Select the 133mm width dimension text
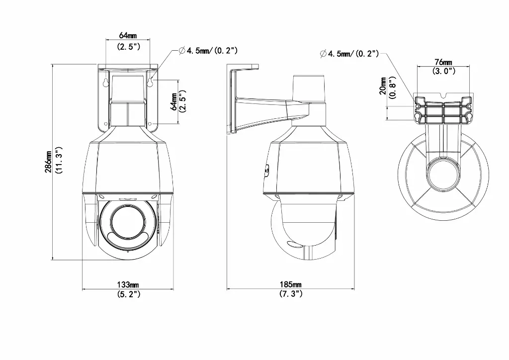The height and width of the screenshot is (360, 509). click(128, 285)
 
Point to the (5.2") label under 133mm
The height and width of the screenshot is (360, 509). click(128, 294)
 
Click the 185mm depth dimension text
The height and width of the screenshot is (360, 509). click(291, 285)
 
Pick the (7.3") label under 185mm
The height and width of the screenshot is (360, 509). click(291, 294)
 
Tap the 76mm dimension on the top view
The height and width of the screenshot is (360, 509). click(443, 62)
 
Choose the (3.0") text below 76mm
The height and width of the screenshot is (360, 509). click(443, 71)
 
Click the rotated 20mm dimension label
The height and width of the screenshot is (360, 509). click(382, 85)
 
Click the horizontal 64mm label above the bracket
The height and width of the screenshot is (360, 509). click(128, 35)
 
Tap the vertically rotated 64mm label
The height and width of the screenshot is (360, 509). click(173, 101)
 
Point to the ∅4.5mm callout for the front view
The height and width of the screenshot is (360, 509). click(207, 51)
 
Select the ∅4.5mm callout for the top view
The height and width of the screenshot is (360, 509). click(349, 54)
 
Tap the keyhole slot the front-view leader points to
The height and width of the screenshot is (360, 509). click(150, 82)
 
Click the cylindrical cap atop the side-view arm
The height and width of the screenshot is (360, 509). click(309, 88)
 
